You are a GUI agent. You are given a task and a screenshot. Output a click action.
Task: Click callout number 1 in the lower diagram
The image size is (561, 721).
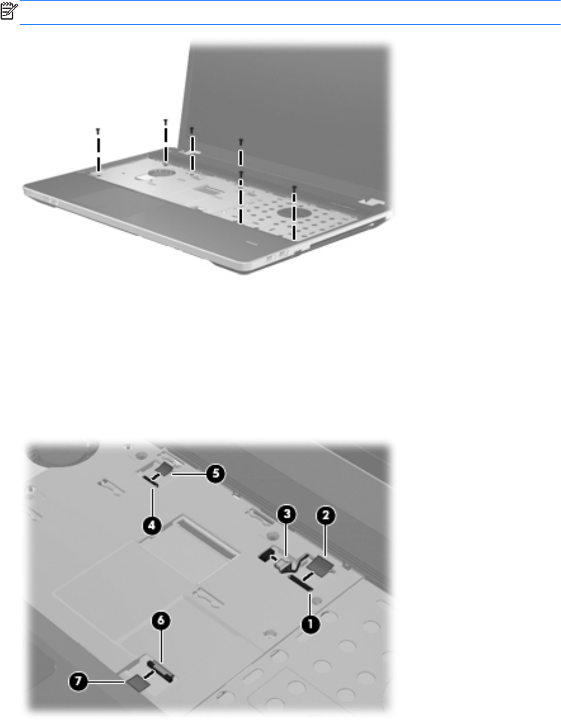point(310,624)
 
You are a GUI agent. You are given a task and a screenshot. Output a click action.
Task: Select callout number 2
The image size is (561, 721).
point(326,516)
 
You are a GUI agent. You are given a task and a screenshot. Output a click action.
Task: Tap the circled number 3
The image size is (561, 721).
point(287,514)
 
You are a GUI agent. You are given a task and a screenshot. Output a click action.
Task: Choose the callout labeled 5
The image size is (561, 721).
point(216,474)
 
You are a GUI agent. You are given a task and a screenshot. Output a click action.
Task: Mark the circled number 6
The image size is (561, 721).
point(161,621)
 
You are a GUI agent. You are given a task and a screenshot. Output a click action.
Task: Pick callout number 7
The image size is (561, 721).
point(78,681)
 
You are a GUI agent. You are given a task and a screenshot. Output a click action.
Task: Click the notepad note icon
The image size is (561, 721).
point(9,11)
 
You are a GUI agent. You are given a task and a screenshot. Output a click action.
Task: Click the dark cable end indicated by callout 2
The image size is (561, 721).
point(322,564)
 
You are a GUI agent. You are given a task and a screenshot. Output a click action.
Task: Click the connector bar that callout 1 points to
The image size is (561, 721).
point(301,582)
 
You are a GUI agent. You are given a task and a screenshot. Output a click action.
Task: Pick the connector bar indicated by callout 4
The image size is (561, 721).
point(151,480)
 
